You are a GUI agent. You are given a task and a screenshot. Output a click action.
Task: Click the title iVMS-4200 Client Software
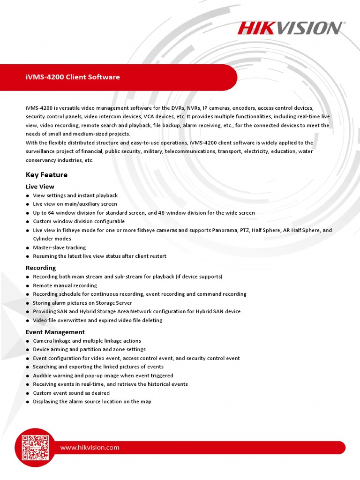coord(73,77)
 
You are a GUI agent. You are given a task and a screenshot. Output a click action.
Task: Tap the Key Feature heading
coord(46,175)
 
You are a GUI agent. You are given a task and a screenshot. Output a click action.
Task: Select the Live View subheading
coord(40,187)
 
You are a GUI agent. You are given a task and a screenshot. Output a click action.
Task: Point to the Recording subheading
coord(41,268)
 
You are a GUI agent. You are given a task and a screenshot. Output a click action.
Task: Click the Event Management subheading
coord(55,332)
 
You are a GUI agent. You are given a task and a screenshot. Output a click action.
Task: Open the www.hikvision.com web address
coord(90,447)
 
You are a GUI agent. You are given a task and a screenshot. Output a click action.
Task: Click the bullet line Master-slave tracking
coord(60,247)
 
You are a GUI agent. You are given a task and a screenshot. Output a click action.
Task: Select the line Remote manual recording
coord(65,285)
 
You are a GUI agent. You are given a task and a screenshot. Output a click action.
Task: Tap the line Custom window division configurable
coord(79,221)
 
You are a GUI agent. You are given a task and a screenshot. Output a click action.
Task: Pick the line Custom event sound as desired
coord(71,393)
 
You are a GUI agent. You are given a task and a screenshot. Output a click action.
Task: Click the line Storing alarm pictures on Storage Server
coord(82,303)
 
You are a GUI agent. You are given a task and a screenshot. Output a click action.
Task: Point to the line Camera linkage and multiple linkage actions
coord(87,341)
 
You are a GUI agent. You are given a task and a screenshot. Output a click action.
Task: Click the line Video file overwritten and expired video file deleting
coord(97,320)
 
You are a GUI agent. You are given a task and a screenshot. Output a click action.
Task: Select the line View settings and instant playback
coord(75,195)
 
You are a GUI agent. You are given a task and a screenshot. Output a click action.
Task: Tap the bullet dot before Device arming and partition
coord(28,350)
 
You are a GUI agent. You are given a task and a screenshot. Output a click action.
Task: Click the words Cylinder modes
coord(52,239)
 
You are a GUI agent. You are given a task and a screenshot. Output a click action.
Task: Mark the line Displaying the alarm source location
coord(92,402)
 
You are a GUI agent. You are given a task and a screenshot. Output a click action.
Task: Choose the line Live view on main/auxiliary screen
coord(75,204)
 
